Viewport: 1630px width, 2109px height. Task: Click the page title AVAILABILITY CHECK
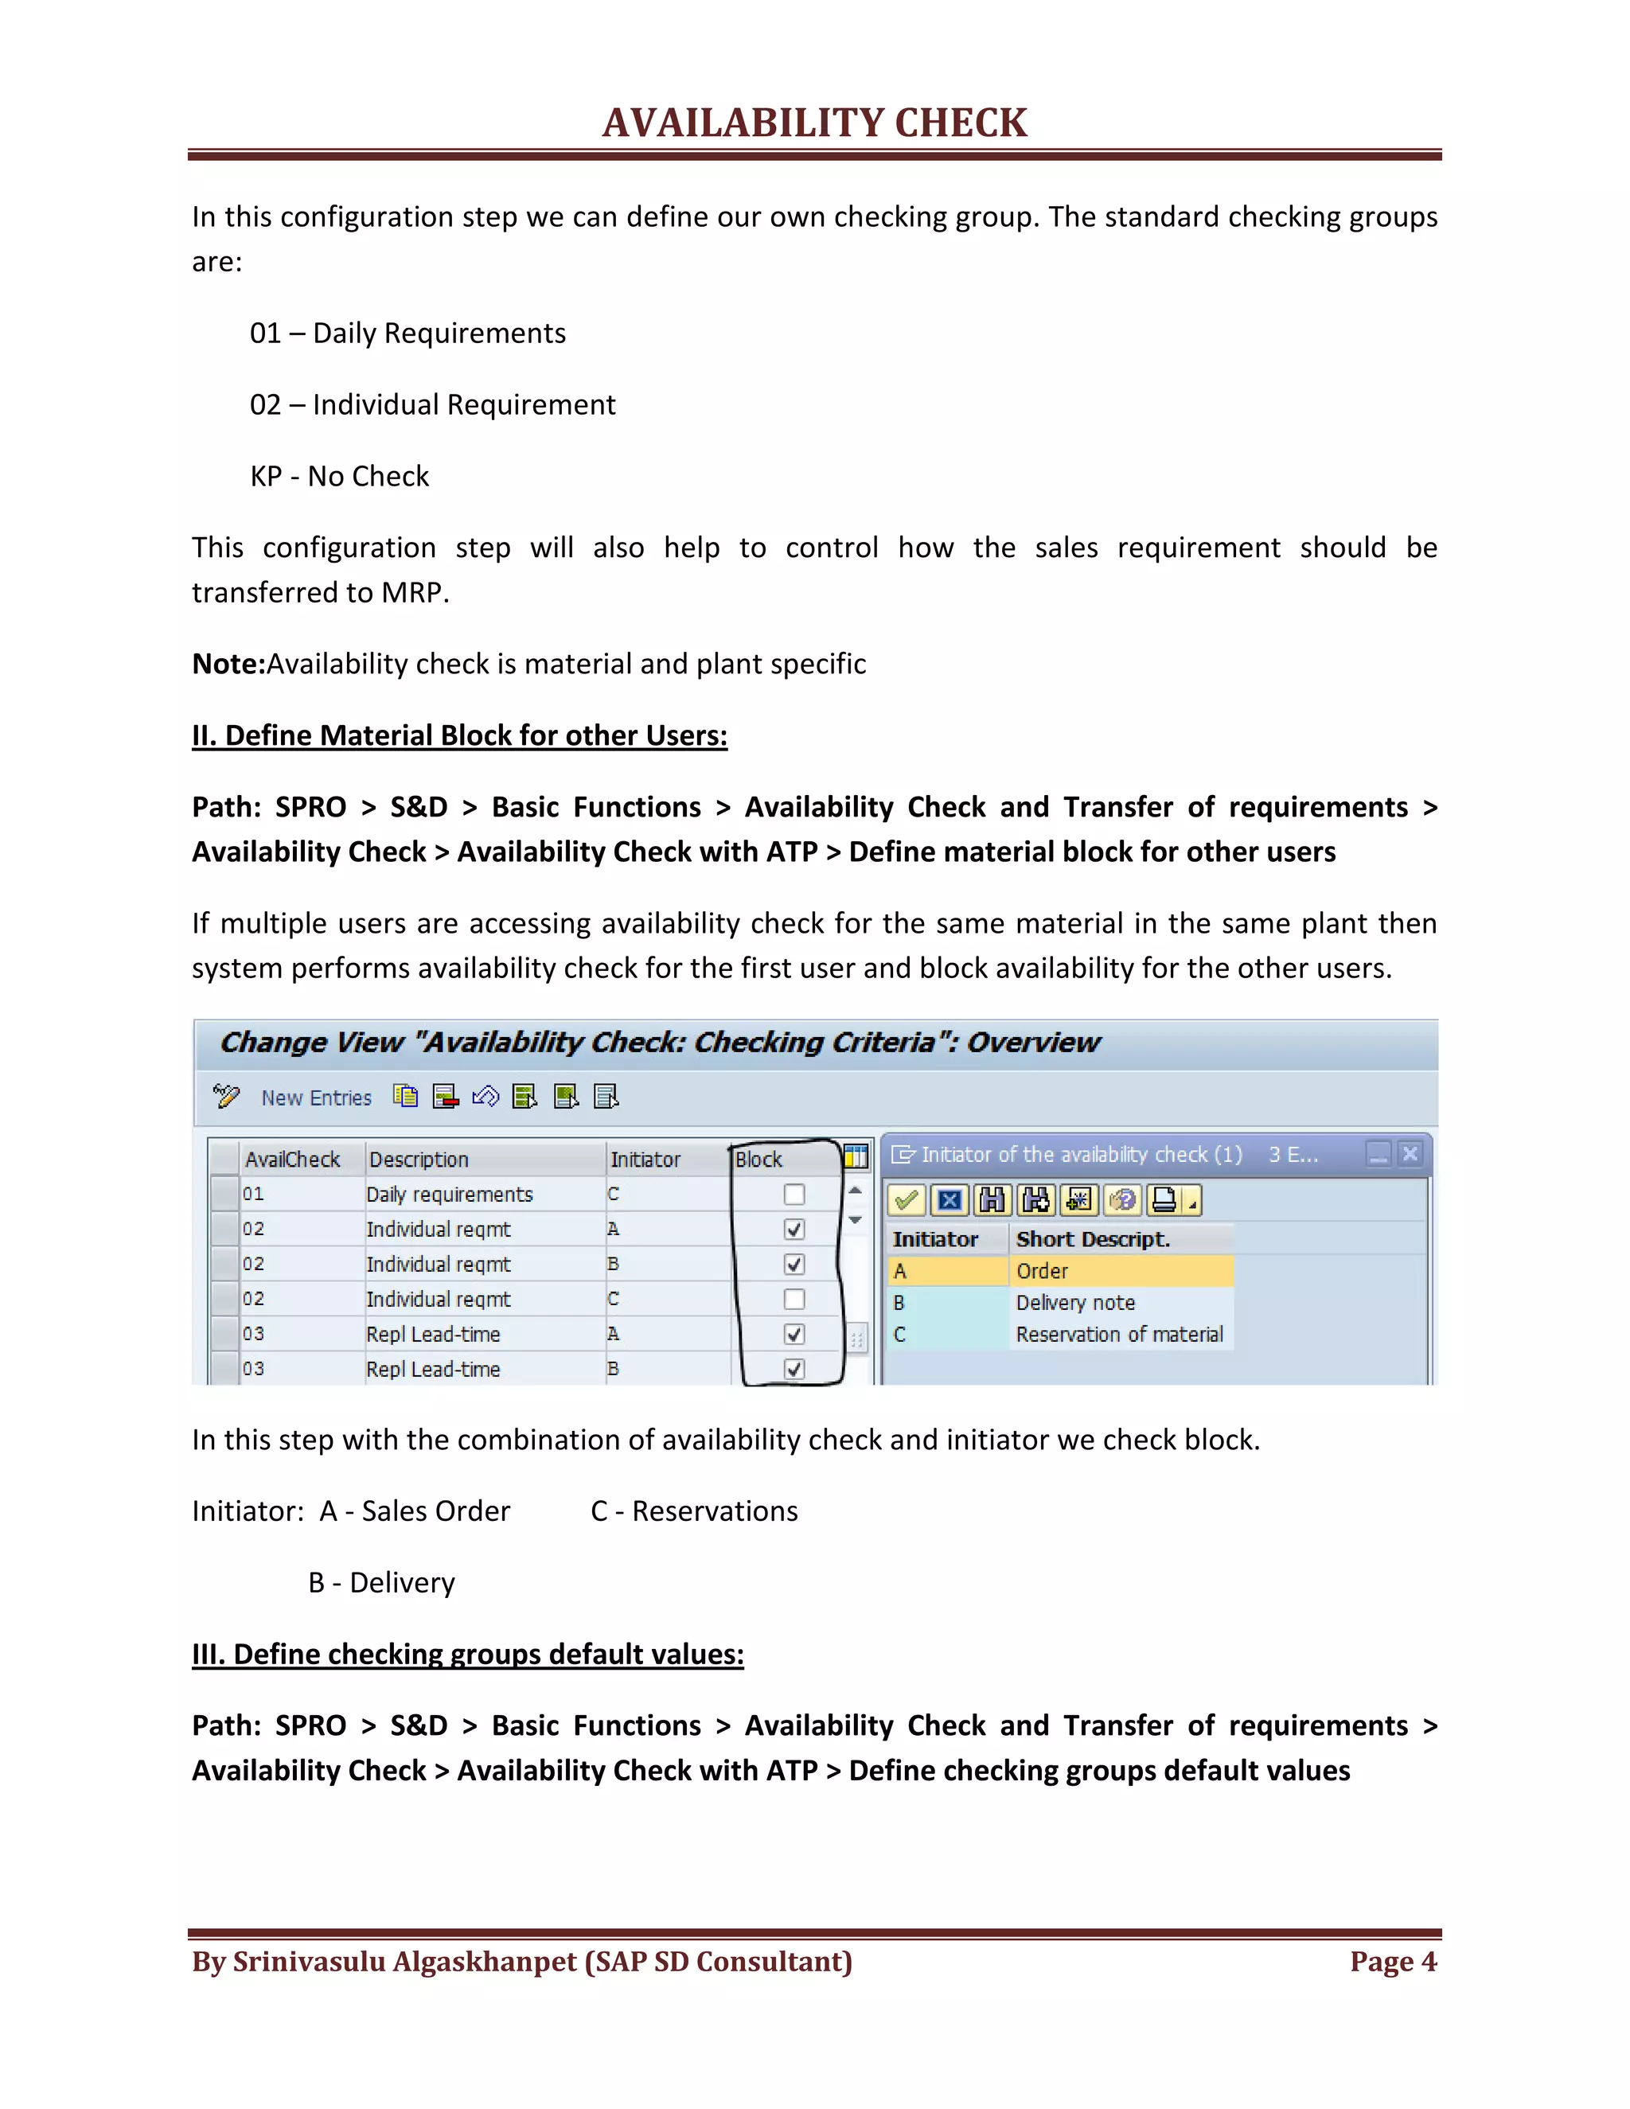click(814, 123)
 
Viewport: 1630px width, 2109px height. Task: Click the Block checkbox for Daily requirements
click(794, 1195)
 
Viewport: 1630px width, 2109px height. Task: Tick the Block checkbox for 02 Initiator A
click(794, 1230)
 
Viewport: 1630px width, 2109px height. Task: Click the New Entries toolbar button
click(316, 1098)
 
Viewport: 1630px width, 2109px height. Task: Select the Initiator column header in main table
click(645, 1159)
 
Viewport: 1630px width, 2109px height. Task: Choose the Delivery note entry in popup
click(1074, 1303)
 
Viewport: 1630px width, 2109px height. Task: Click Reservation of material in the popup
click(1118, 1335)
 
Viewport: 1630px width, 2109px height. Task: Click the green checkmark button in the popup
click(906, 1200)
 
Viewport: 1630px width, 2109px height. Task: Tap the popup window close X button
click(1410, 1154)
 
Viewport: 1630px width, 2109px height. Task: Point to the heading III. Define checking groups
click(467, 1655)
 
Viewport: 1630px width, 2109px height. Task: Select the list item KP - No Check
click(339, 476)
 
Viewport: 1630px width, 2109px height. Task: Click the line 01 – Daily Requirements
click(407, 333)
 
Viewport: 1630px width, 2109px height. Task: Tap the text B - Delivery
click(381, 1583)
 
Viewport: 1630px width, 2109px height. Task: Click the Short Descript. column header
click(1092, 1239)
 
